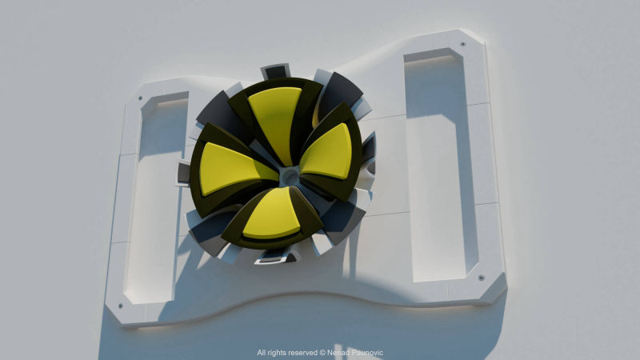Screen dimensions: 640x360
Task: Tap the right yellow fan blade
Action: click(330, 152)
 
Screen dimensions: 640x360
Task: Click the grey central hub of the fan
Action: click(290, 176)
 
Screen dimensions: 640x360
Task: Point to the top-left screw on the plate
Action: click(140, 98)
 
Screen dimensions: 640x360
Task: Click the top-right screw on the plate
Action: click(463, 44)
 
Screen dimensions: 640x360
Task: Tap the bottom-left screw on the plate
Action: click(120, 306)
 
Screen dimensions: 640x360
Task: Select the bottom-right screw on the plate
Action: click(482, 278)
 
